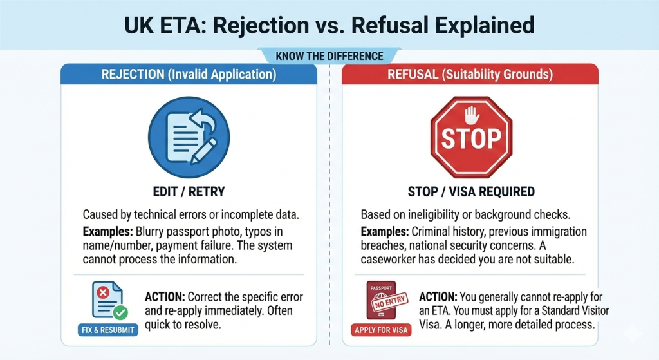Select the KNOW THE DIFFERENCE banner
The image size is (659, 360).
coord(329,56)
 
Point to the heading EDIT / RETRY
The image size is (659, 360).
coord(188,191)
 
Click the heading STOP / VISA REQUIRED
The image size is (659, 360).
coord(470,191)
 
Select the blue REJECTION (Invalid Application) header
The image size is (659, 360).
coord(189,75)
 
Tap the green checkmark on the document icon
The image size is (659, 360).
coord(120,312)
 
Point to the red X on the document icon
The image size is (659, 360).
coord(101,293)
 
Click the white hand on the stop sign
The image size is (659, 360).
coord(472,115)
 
